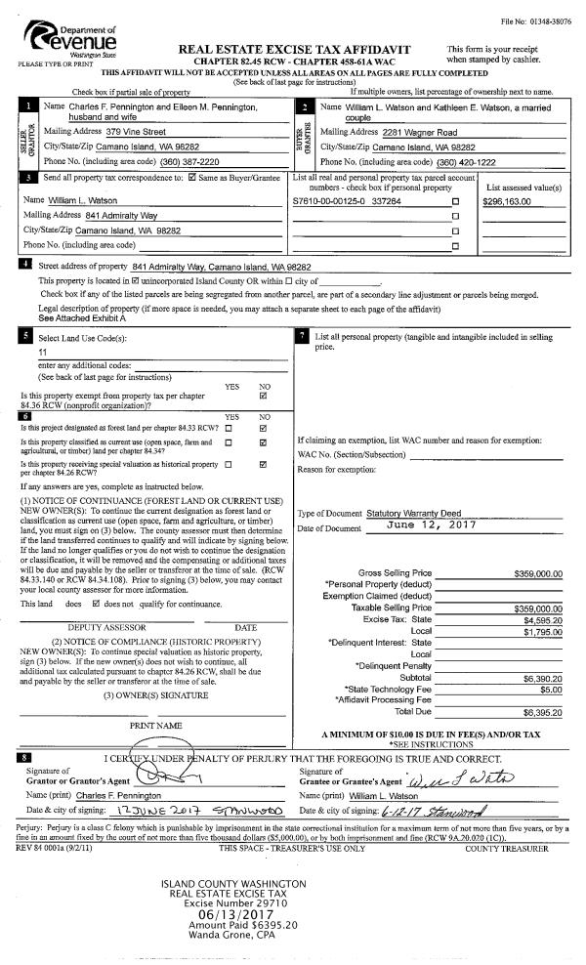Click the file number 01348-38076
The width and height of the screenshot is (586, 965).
point(551,21)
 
